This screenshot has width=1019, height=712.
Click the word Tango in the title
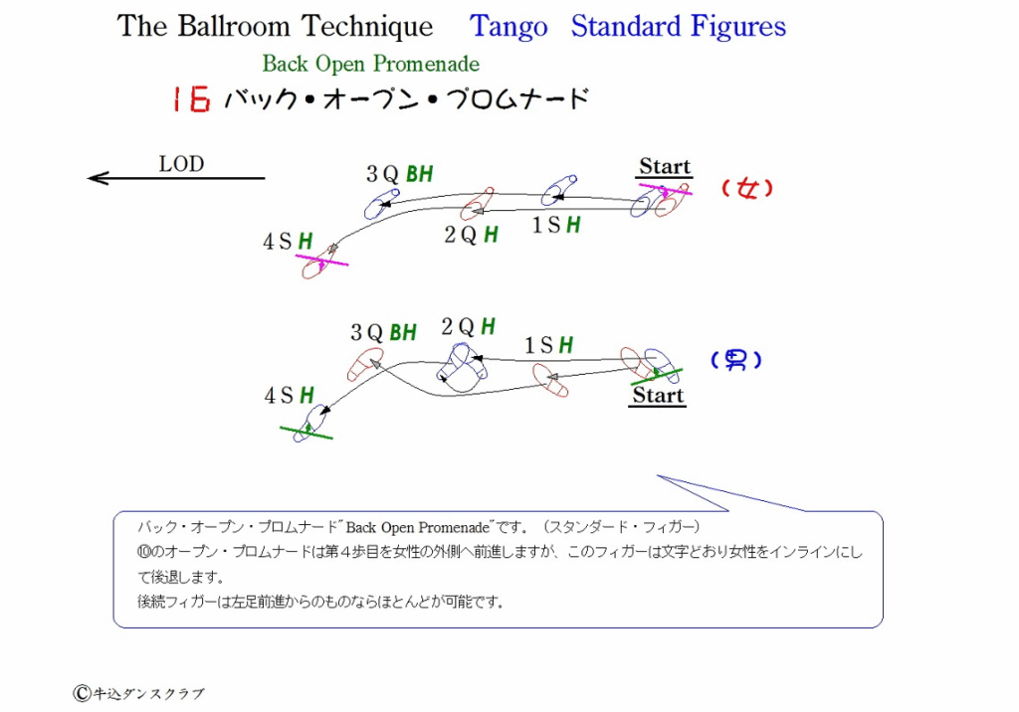(x=509, y=27)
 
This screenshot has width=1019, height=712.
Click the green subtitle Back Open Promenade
(x=370, y=64)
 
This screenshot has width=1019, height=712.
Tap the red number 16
(x=191, y=99)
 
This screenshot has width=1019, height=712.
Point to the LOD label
(x=181, y=164)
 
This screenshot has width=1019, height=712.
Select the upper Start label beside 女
(x=664, y=166)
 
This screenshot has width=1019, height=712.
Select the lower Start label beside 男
(x=658, y=395)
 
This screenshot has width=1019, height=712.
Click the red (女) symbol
(x=747, y=188)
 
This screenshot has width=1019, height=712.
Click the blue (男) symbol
(x=736, y=359)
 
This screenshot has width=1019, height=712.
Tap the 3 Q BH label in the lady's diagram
(x=400, y=174)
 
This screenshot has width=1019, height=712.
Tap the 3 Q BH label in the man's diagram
(x=383, y=332)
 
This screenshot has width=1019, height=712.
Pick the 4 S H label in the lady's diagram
(x=288, y=242)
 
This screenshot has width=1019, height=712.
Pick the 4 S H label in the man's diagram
(x=290, y=395)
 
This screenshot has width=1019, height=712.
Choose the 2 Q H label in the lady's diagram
(x=471, y=235)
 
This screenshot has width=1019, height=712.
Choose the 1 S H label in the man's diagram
(x=549, y=345)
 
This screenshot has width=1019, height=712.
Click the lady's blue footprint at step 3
(x=381, y=204)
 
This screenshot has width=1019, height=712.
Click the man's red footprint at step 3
(x=364, y=364)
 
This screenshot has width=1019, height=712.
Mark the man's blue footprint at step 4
(x=311, y=423)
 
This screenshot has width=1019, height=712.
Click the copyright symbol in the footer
(x=82, y=694)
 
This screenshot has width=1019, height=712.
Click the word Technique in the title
(x=367, y=27)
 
